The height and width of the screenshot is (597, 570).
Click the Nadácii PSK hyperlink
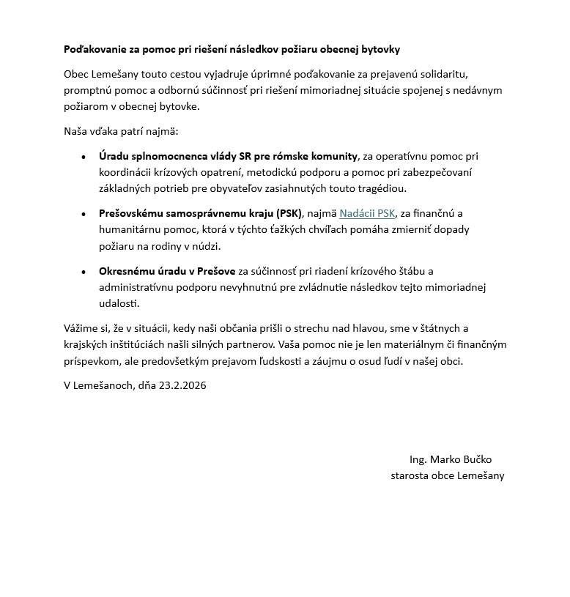366,213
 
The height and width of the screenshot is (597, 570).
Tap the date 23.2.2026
182,385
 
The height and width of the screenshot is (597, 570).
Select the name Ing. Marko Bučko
451,459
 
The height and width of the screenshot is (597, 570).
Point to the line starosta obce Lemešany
447,475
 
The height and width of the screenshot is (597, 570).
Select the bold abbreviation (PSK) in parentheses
289,213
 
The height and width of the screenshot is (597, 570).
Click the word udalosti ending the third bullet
119,303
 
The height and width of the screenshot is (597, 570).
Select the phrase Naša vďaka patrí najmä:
121,131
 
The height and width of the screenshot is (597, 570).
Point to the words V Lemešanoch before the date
98,385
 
